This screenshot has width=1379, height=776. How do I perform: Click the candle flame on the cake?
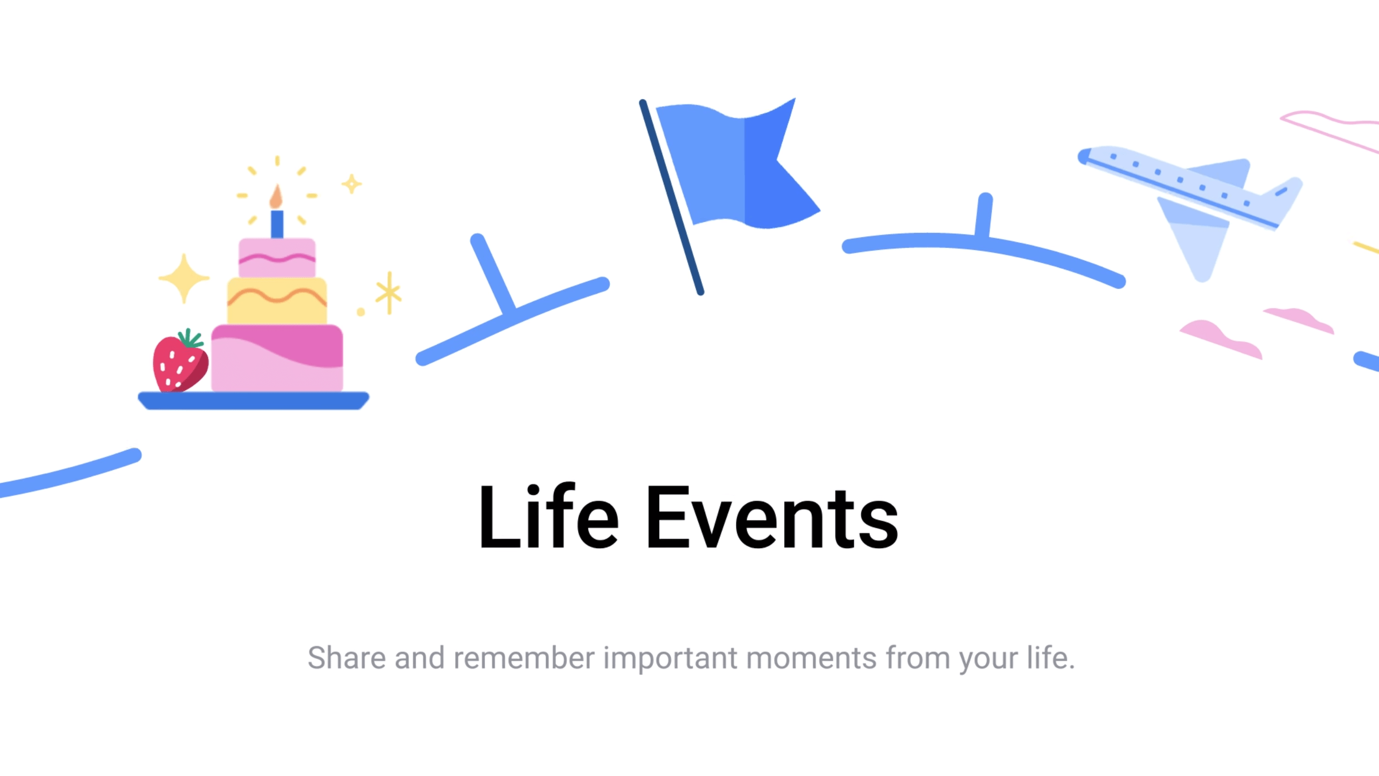coord(276,197)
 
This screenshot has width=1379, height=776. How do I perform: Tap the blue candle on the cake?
coord(277,224)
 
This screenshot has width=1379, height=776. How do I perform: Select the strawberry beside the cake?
coord(179,362)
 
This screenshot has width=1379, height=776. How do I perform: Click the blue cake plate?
coord(253,400)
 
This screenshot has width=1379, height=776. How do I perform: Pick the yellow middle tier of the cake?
coord(277,301)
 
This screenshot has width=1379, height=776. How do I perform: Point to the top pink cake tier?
coord(277,258)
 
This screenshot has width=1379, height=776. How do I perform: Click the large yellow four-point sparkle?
coord(184,278)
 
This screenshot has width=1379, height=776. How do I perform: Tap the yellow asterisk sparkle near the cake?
coord(389,293)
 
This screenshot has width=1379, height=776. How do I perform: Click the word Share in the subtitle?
coord(346,658)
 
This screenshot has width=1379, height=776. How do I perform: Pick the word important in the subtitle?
coord(670,658)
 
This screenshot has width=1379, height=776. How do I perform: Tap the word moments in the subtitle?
coord(811,658)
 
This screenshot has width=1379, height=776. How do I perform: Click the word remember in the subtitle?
coord(524,658)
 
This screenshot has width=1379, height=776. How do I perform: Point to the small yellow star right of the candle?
coord(352,184)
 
